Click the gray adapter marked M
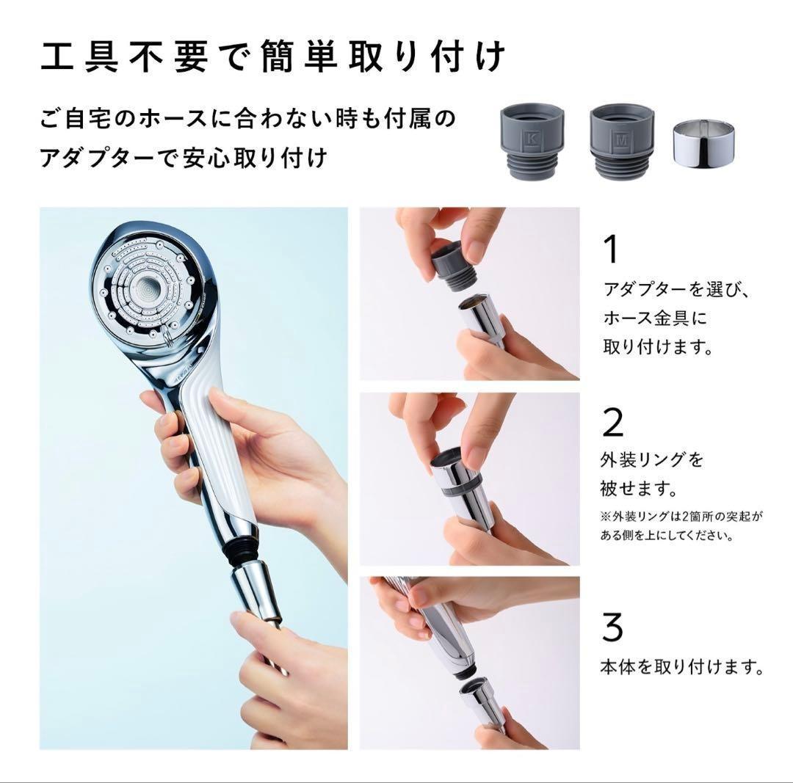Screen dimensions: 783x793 pos(622,141)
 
